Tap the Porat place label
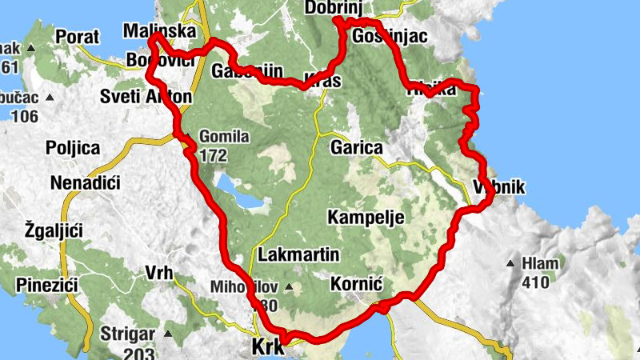pos(78,37)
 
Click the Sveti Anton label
pos(146,98)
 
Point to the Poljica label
pos(73,148)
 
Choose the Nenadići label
pos(85,184)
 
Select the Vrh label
pos(159,273)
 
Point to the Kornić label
pos(353,284)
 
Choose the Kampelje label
pos(366,218)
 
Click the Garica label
pos(357,148)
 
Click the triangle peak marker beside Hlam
pos(510,263)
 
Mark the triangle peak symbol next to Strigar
pos(167,333)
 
